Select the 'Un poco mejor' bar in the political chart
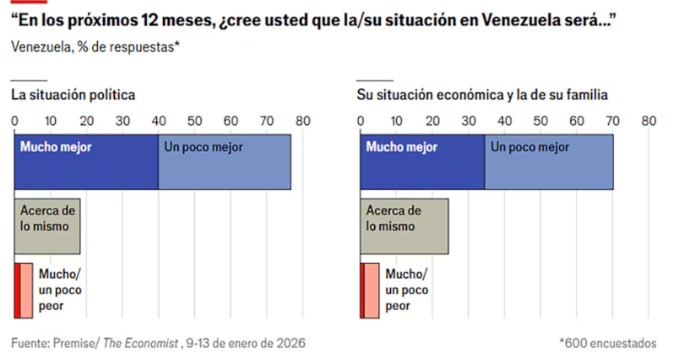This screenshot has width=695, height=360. [x=225, y=162]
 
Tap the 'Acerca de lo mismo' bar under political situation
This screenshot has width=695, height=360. [x=47, y=226]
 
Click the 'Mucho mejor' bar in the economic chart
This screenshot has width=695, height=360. [x=422, y=162]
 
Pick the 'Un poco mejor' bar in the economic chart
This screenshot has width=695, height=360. [x=549, y=162]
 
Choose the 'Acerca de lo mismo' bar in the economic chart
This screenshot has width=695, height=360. [x=405, y=226]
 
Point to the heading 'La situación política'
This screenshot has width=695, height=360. [x=73, y=95]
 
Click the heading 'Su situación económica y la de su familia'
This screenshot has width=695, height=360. [x=482, y=95]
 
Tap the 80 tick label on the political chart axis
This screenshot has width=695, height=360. [x=302, y=121]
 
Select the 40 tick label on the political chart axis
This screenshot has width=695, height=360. [x=158, y=121]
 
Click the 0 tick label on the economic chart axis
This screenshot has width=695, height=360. [x=361, y=121]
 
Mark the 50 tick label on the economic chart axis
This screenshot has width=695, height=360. [x=540, y=121]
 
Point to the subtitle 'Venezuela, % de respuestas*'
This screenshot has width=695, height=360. [x=95, y=46]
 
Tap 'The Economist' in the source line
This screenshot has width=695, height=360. [x=141, y=343]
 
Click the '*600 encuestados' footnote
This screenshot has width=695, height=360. [x=607, y=343]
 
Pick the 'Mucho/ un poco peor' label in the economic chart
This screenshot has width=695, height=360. [x=407, y=290]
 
